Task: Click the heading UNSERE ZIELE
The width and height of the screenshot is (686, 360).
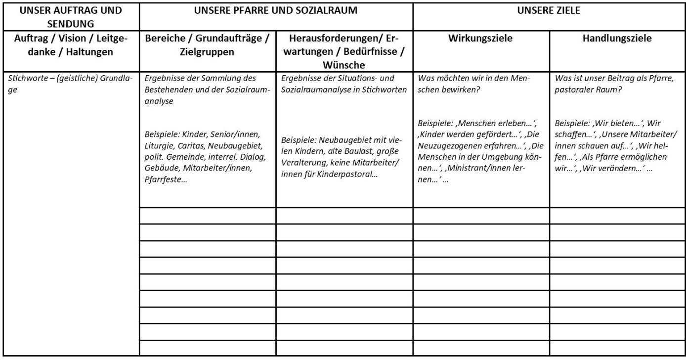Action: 549,10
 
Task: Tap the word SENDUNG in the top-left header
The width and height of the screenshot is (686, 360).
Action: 70,24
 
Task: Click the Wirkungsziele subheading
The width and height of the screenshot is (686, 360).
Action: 480,38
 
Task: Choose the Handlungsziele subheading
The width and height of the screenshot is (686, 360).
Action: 617,38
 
